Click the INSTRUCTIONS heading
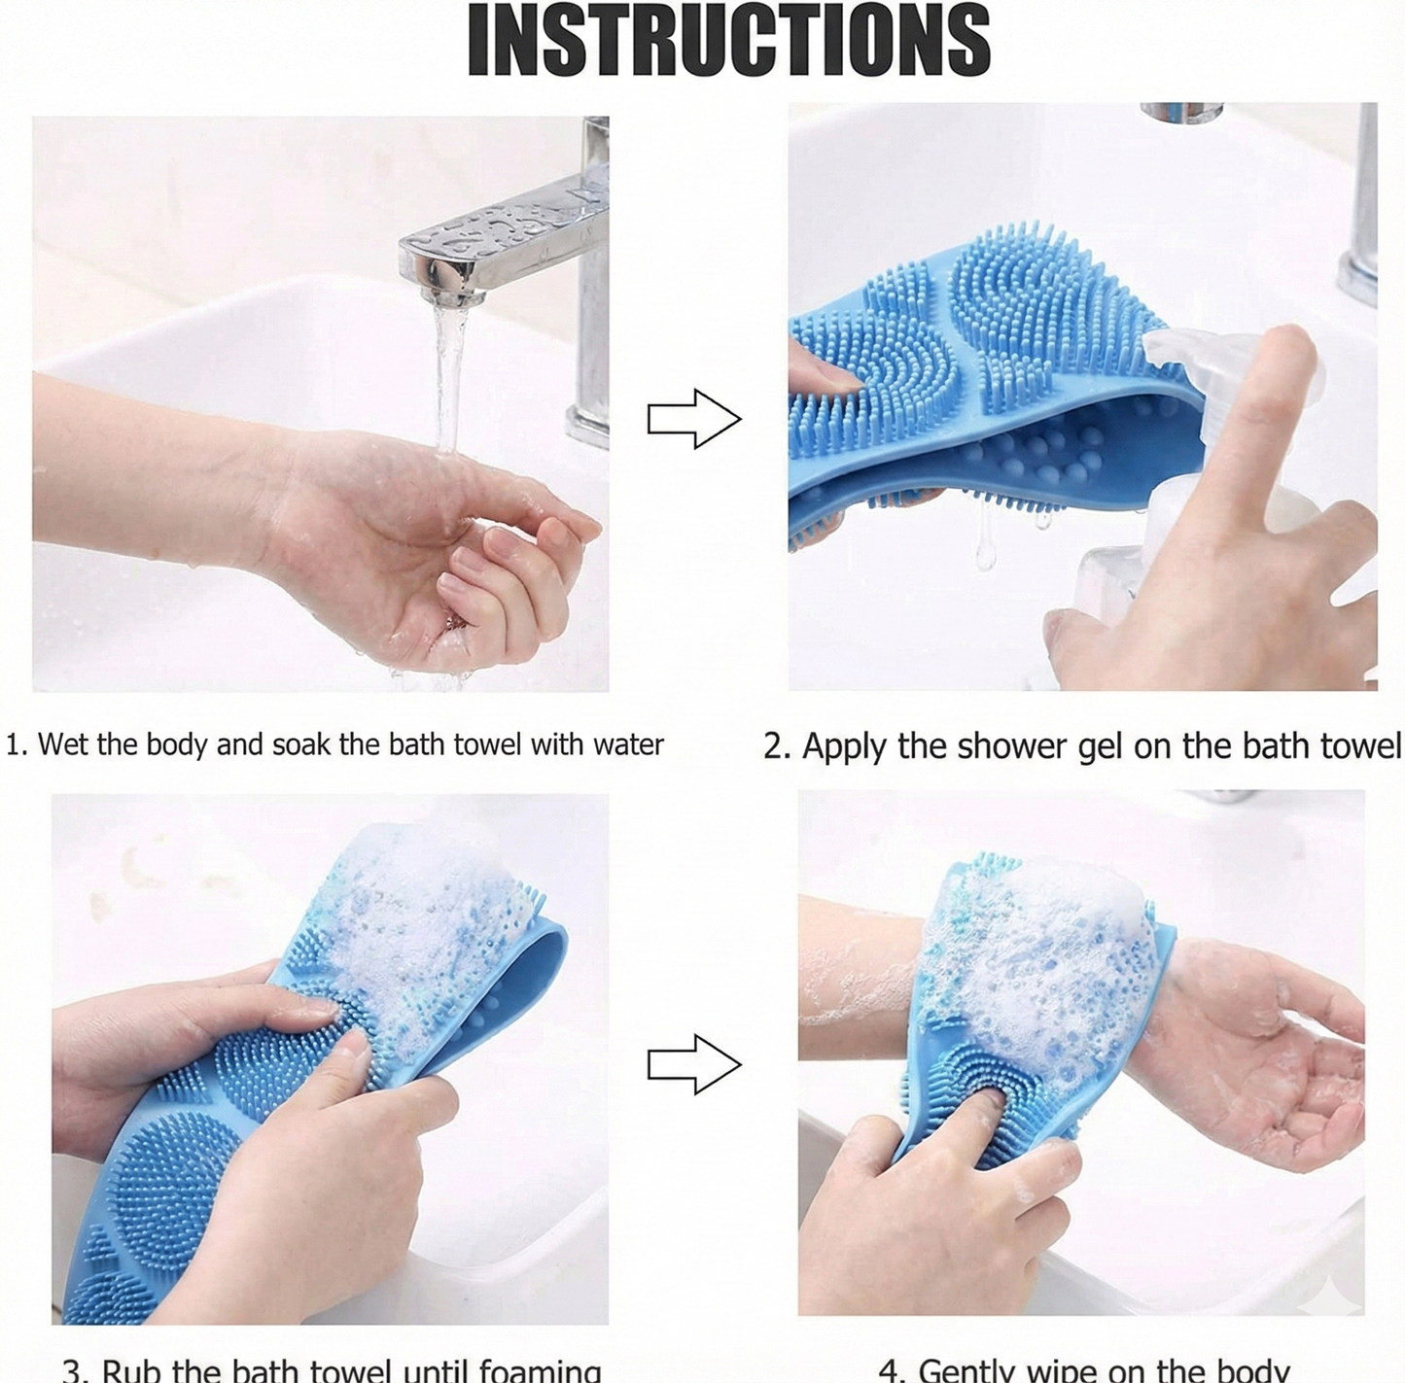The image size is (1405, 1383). [x=728, y=41]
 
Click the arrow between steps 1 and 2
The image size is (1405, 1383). [x=694, y=419]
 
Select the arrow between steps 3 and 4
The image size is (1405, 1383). [x=694, y=1064]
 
